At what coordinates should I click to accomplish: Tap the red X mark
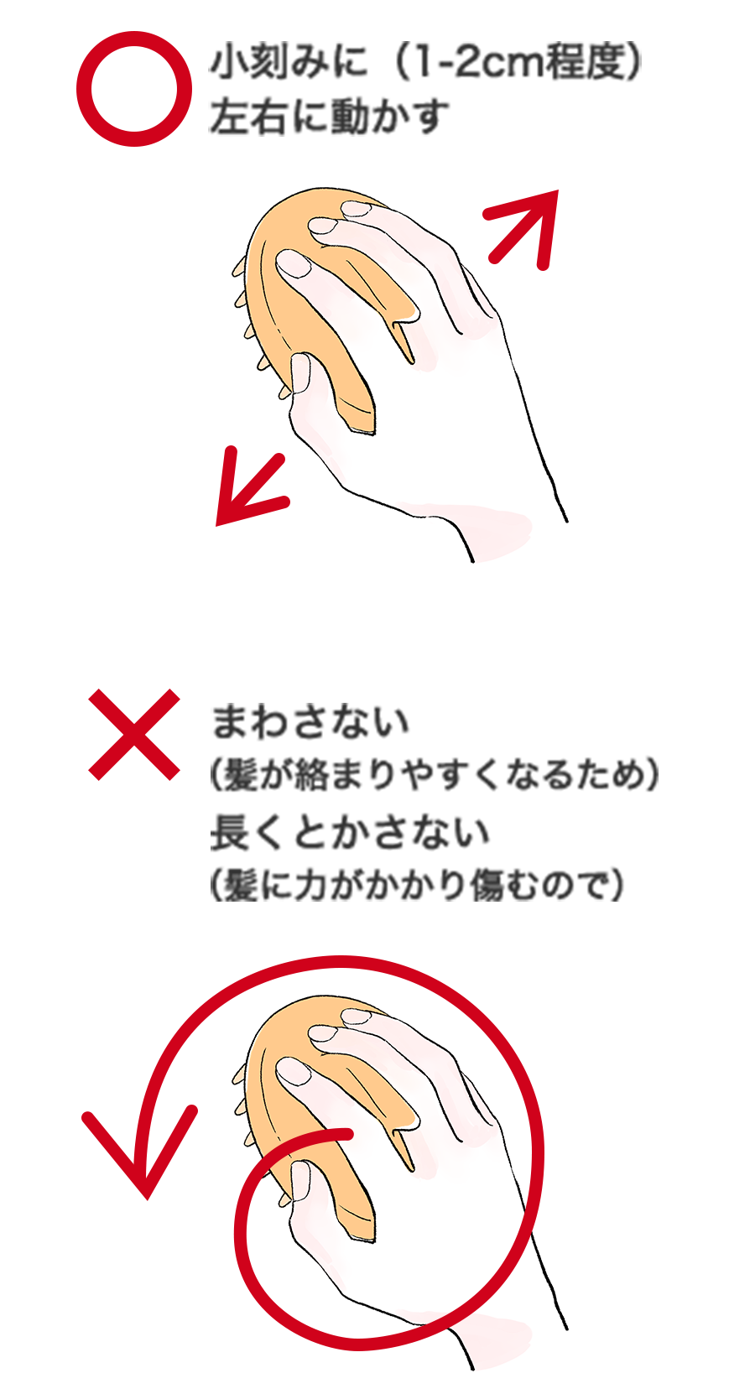coord(134,734)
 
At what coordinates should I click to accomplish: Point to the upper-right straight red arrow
coord(523,226)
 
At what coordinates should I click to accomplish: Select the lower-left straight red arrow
coord(251,487)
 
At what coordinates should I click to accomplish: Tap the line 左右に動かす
coord(329,117)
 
